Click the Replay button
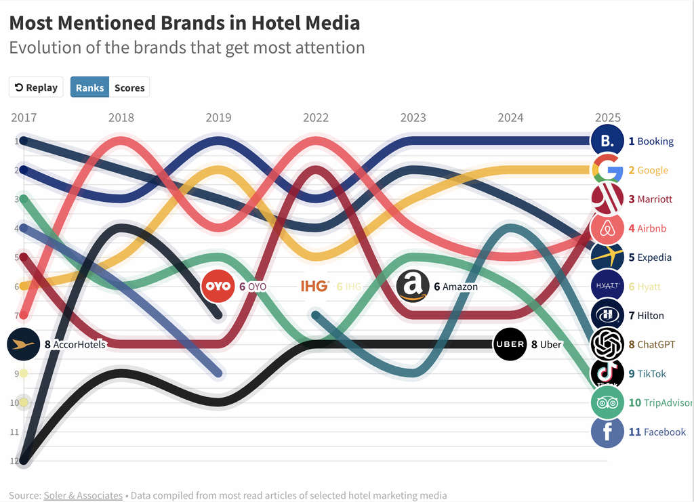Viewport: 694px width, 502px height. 36,87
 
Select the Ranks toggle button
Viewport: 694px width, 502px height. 89,87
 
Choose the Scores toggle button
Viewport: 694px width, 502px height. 129,87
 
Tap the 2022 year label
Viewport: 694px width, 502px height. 316,118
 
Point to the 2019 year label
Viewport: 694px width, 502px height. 218,118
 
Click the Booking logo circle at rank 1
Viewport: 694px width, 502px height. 607,141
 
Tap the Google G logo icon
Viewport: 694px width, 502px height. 607,170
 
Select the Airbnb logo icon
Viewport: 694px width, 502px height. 607,228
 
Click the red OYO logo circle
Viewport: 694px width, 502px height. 218,286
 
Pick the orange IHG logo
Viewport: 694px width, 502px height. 315,286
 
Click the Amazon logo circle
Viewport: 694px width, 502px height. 413,286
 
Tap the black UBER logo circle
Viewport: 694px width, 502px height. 510,344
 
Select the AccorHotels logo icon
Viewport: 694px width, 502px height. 24,344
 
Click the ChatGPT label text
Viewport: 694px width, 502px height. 656,345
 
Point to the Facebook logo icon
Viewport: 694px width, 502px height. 607,432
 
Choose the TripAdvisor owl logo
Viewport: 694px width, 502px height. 607,402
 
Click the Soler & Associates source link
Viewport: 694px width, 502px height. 83,495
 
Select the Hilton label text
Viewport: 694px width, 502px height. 651,316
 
